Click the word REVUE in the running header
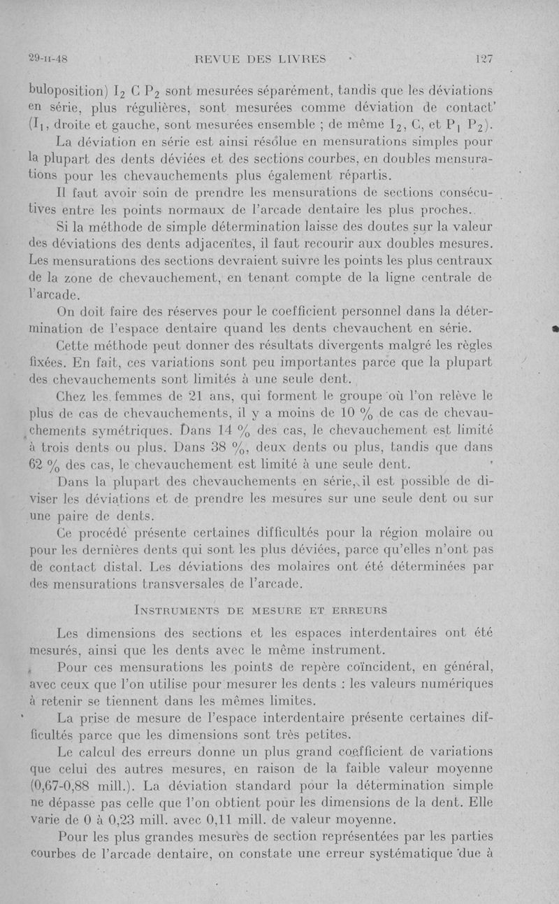pyautogui.click(x=222, y=59)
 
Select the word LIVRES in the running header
pyautogui.click(x=302, y=59)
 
